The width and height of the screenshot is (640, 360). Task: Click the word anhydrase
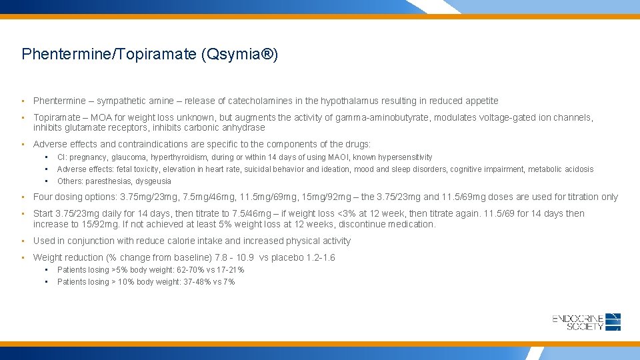click(x=244, y=127)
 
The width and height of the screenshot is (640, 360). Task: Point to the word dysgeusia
click(x=153, y=181)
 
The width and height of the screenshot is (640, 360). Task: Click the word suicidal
click(x=259, y=169)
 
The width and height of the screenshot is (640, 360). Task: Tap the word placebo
click(x=284, y=257)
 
